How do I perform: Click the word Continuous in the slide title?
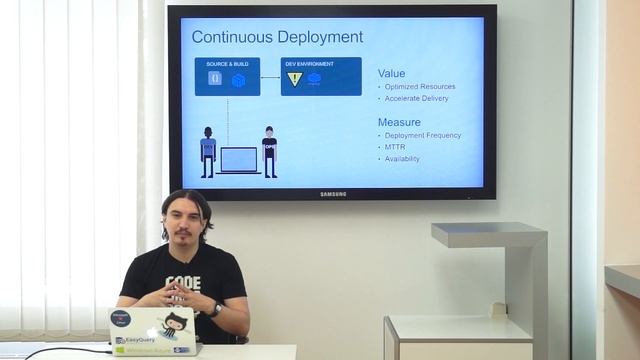(228, 38)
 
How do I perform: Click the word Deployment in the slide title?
(314, 38)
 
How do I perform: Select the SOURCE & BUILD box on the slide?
(227, 76)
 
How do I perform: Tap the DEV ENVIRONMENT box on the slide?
(321, 76)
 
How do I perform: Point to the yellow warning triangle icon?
(295, 79)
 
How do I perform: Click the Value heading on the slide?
(391, 73)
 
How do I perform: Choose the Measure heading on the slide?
(398, 122)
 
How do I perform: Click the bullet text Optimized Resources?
(420, 87)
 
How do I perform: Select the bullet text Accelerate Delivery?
(416, 99)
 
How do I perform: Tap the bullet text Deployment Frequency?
(423, 135)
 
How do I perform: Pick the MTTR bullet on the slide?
(395, 147)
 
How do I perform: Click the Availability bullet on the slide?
(402, 159)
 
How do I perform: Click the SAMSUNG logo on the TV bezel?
(333, 194)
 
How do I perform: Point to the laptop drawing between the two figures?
(239, 160)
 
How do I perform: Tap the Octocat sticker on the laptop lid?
(174, 323)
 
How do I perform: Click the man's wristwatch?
(216, 309)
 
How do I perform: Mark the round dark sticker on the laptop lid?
(122, 318)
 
